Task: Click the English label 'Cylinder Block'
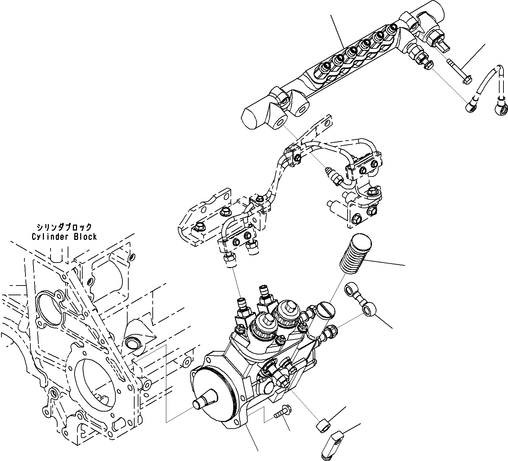coord(64,237)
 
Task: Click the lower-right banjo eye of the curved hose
coord(501,110)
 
